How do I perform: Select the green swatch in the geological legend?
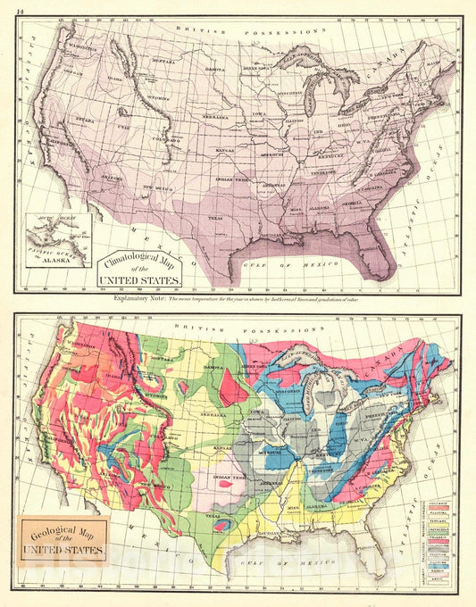(x=439, y=533)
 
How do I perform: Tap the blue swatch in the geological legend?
(x=439, y=565)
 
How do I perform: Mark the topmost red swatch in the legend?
(x=439, y=508)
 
